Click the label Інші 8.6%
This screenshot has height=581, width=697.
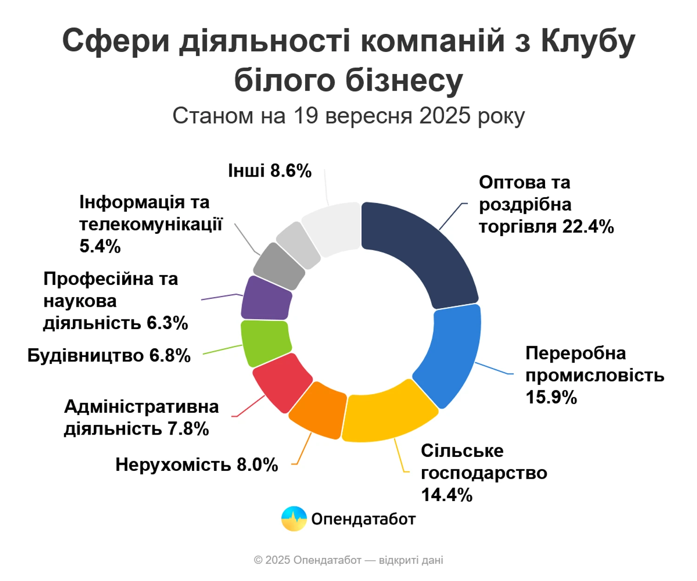point(270,171)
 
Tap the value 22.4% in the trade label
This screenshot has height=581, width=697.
point(588,227)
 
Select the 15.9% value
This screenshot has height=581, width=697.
point(551,397)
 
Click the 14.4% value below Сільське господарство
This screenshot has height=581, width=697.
point(447,495)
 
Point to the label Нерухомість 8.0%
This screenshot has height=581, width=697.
point(197,465)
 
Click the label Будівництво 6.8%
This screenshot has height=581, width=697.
point(109,356)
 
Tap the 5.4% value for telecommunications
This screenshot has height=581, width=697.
point(100,246)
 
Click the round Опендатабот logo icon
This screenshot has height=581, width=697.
point(294,519)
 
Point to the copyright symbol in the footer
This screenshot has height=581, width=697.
point(258,561)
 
